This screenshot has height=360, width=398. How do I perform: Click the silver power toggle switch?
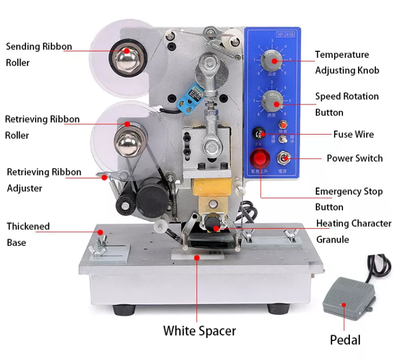coord(281,158)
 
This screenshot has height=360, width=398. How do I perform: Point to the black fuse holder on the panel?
coord(260,134)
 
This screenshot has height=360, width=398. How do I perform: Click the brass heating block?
coord(211,189)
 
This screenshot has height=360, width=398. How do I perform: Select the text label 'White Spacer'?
coord(199,330)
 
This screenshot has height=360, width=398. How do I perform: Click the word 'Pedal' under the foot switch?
coord(345,339)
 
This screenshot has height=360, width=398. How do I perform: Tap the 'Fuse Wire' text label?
coord(353,134)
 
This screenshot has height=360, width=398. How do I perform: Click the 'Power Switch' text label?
coord(354,158)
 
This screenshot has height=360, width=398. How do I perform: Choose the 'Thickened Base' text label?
coord(28,234)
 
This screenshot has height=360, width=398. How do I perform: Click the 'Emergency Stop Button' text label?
coord(349,199)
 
